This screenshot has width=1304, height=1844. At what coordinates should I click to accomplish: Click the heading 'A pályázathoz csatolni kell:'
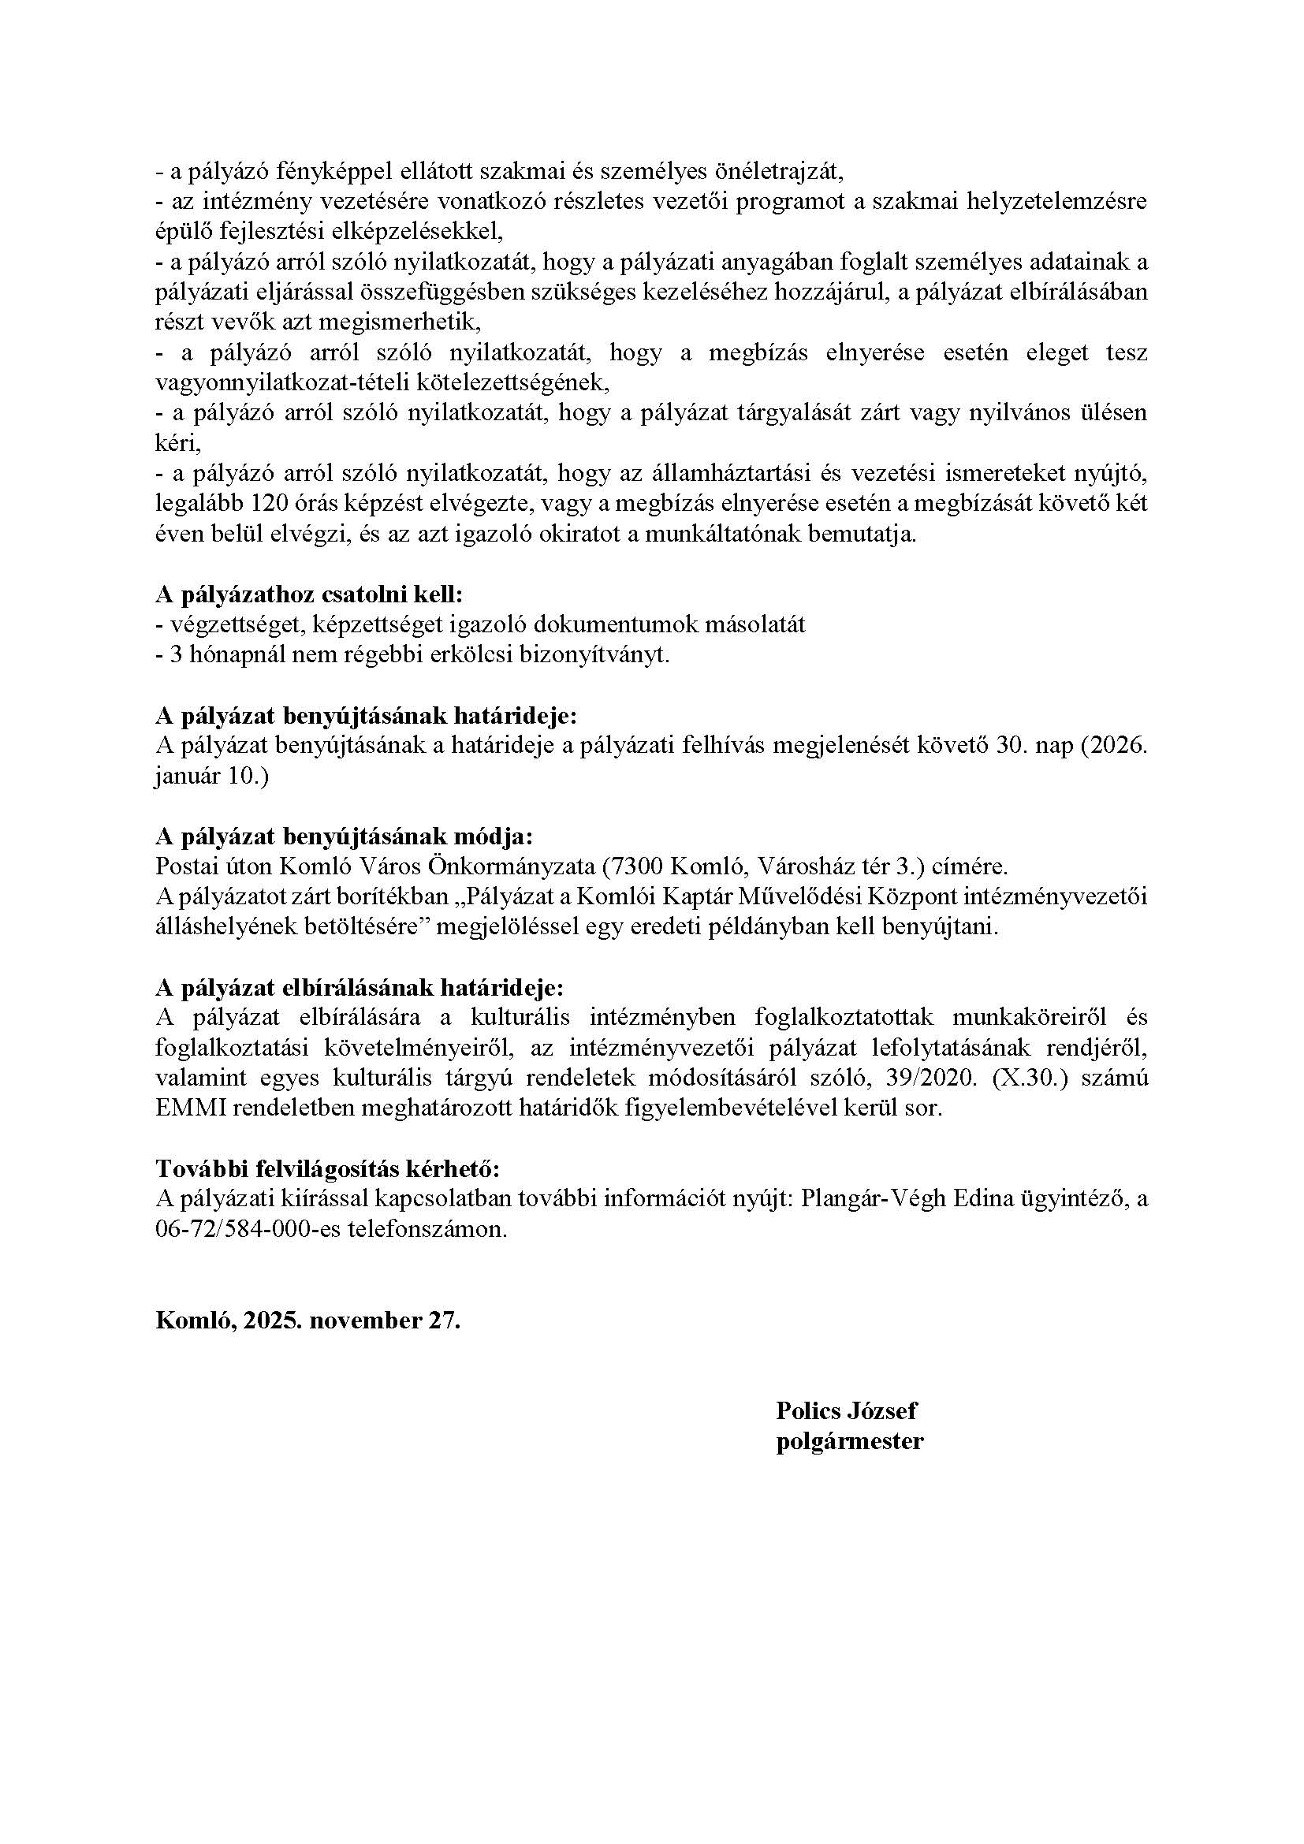(309, 595)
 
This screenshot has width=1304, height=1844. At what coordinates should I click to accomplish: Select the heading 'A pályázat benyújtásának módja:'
(344, 836)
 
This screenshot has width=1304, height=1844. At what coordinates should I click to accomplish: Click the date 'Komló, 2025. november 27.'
(307, 1321)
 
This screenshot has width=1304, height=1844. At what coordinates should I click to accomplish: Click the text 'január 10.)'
(212, 777)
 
